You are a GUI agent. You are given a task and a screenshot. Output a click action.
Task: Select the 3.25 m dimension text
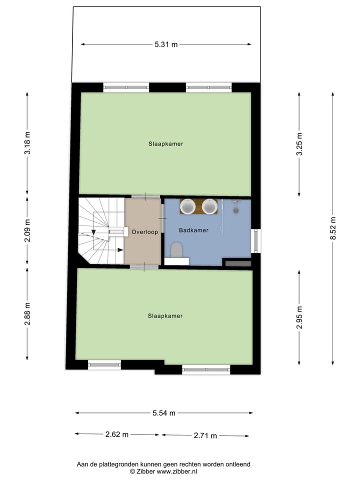[299, 144]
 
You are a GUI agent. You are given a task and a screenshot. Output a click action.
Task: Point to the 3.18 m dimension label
[27, 144]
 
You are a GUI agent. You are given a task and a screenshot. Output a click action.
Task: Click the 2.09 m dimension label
[27, 231]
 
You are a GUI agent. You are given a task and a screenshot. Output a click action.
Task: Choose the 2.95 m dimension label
[299, 317]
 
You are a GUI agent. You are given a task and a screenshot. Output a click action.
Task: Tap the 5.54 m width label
[164, 413]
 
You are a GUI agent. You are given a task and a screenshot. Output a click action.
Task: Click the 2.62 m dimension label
[117, 434]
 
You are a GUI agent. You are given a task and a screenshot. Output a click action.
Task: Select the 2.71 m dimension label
[205, 435]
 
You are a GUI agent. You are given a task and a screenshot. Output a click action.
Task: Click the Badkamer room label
[193, 230]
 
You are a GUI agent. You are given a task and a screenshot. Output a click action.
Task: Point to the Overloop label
[144, 232]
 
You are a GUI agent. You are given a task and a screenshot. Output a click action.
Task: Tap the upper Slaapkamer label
[165, 144]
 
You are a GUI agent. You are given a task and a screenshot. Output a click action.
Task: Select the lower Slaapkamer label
[165, 316]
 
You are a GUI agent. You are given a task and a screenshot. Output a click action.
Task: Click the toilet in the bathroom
[176, 249]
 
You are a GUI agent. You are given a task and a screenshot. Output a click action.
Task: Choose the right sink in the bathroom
[209, 206]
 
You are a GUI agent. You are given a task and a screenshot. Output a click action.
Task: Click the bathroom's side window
[255, 240]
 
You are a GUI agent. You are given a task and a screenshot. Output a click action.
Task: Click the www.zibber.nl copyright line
[163, 471]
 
